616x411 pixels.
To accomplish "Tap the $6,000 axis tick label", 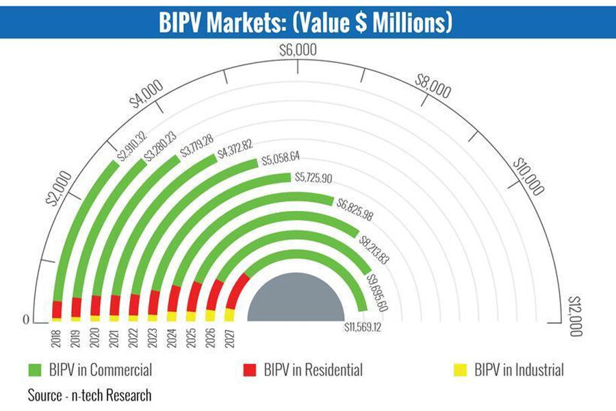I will pos(298,50).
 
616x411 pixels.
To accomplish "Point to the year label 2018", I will pos(56,338).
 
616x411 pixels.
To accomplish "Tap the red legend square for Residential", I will pos(251,371).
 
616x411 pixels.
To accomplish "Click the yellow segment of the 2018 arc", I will pos(56,319).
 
